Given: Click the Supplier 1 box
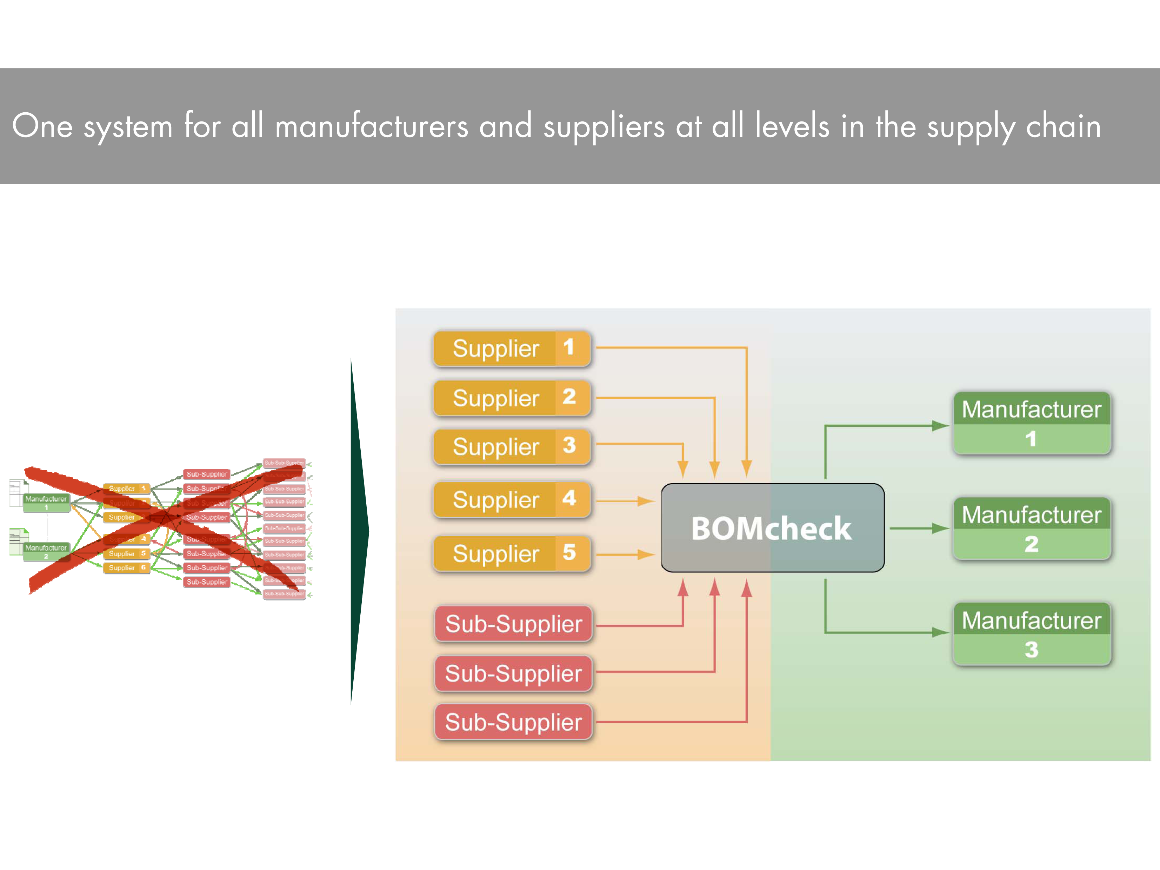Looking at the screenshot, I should click(511, 348).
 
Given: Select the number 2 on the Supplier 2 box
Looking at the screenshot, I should click(569, 397).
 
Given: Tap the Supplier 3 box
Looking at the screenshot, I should click(511, 447).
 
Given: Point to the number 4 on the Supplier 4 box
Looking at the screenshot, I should click(569, 498).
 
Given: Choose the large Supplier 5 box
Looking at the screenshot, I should click(511, 553).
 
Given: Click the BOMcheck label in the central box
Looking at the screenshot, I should click(771, 528).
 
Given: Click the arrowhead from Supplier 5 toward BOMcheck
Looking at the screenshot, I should click(646, 554).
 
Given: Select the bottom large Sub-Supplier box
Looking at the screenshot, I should click(513, 722).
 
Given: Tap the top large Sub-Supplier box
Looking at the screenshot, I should click(513, 624).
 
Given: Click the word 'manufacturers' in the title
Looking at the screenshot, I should click(371, 126).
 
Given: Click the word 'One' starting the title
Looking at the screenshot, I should click(42, 126).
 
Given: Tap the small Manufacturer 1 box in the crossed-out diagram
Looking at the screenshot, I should click(46, 502).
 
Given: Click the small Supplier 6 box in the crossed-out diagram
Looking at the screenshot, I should click(126, 568).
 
